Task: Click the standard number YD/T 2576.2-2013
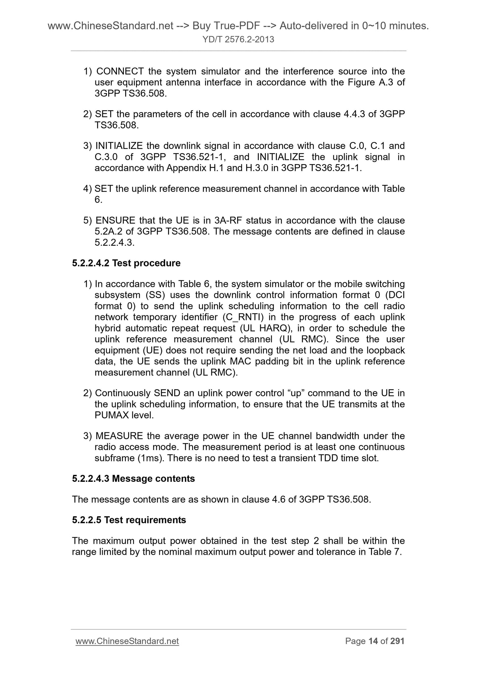click(238, 40)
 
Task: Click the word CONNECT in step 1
click(120, 71)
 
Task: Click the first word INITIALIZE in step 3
click(119, 146)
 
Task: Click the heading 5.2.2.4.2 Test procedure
click(126, 263)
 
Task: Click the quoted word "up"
click(296, 393)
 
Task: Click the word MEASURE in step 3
click(119, 436)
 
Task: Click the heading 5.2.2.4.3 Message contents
click(133, 479)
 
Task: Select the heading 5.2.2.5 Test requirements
click(129, 520)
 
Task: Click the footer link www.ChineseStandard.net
click(127, 641)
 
